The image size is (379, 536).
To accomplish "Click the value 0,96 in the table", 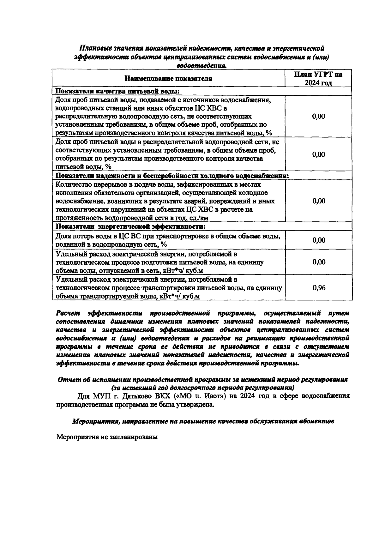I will pyautogui.click(x=319, y=288).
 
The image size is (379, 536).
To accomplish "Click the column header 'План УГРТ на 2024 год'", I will pyautogui.click(x=319, y=79).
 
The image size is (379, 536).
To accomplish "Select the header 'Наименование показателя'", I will pyautogui.click(x=168, y=79).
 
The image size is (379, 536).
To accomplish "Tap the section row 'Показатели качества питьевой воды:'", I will pyautogui.click(x=117, y=91).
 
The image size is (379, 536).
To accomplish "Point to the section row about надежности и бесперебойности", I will pyautogui.click(x=172, y=176).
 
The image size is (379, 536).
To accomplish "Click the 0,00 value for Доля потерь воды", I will pyautogui.click(x=319, y=240).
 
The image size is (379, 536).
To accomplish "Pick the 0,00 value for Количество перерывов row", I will pyautogui.click(x=319, y=201).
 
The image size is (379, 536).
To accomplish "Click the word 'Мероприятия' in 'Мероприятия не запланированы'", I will pyautogui.click(x=76, y=437).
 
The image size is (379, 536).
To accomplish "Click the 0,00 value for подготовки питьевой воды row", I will pyautogui.click(x=319, y=262).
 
